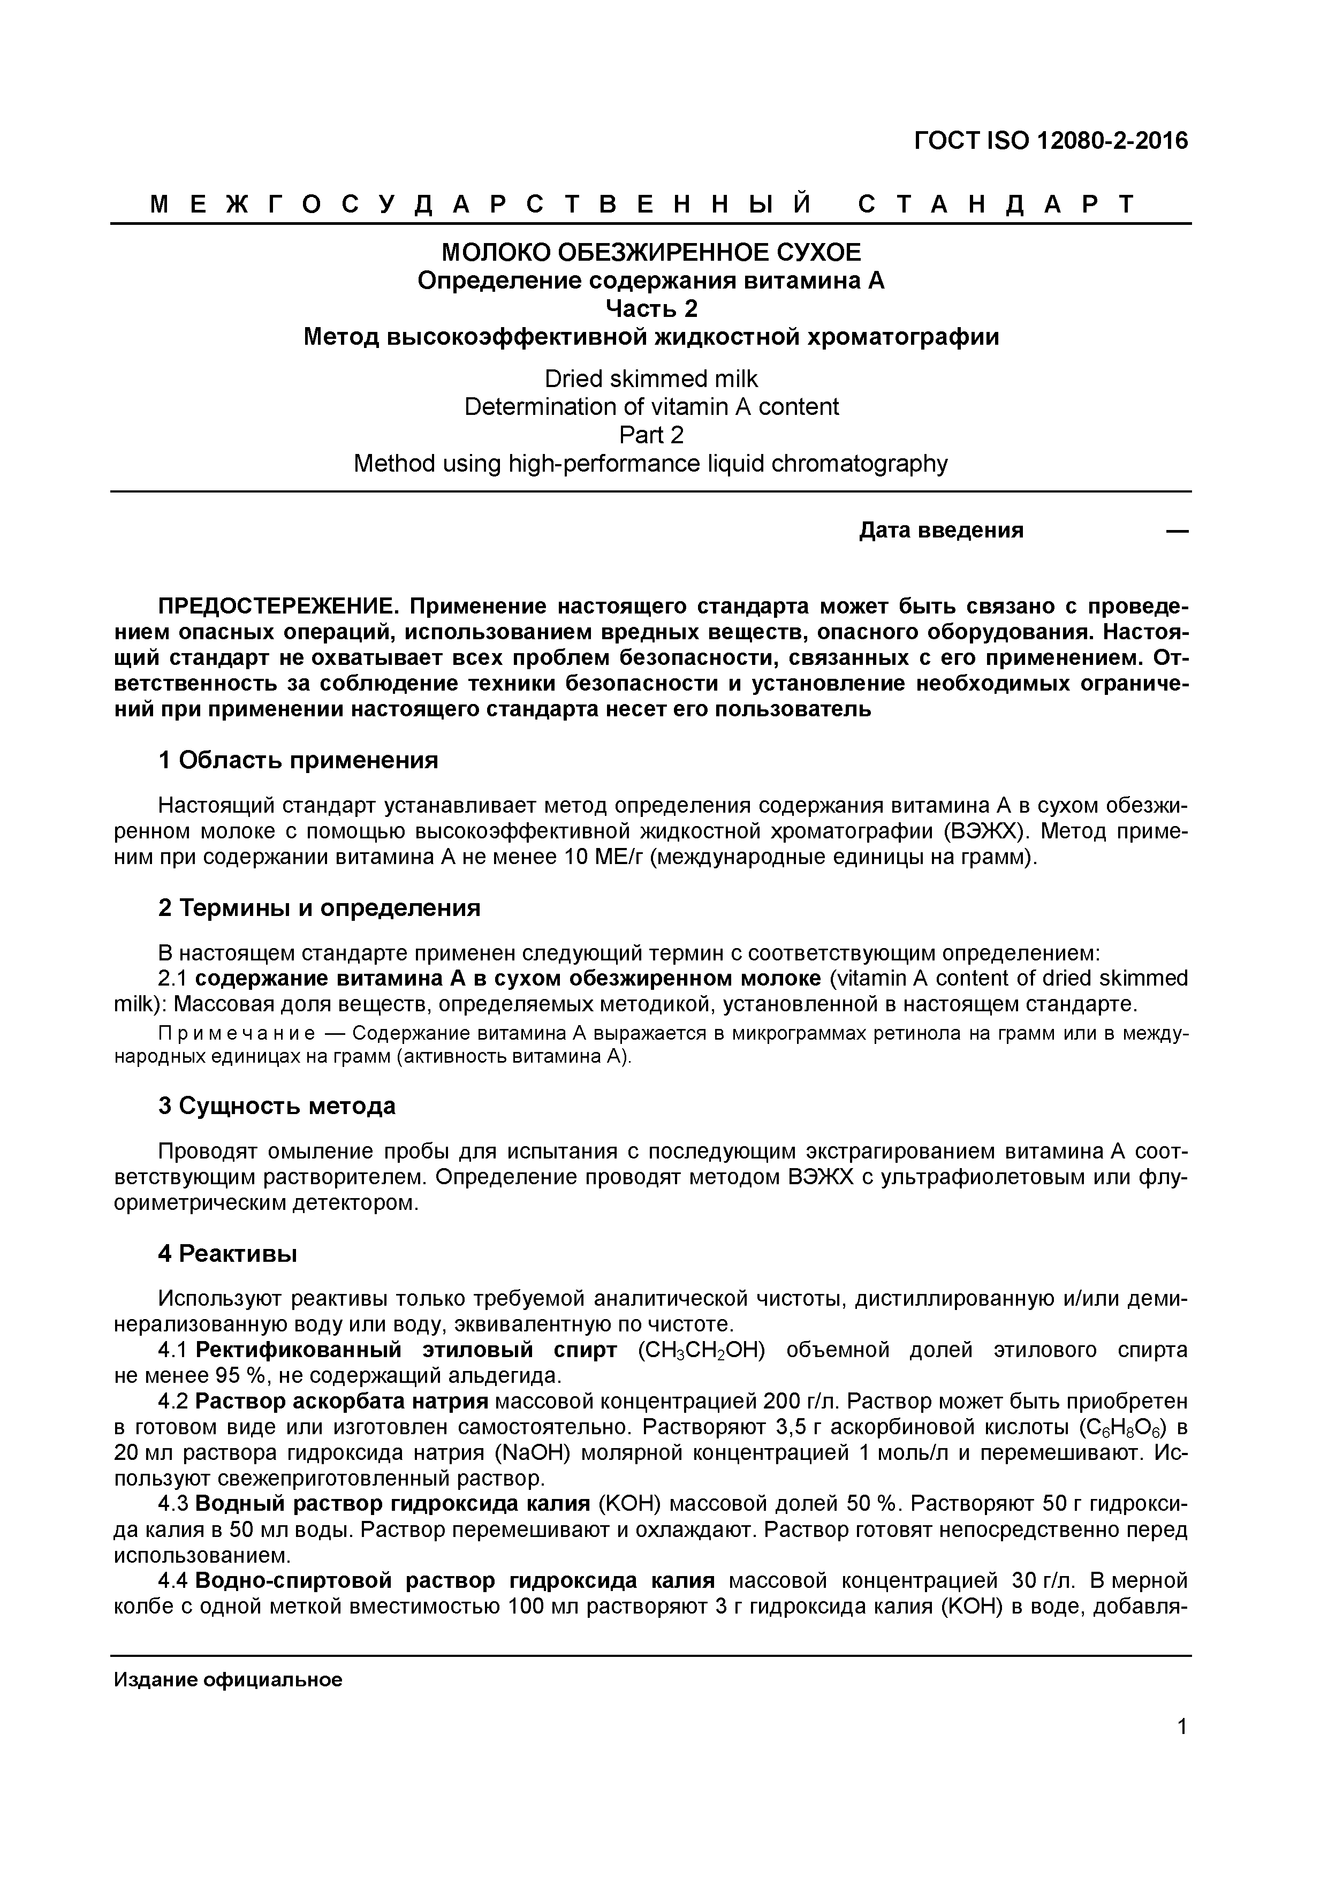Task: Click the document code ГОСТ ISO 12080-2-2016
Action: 1050,141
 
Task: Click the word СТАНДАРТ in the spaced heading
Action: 996,205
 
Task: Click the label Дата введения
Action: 940,531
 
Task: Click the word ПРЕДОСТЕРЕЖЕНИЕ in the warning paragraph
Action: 278,607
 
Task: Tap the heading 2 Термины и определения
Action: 319,908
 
